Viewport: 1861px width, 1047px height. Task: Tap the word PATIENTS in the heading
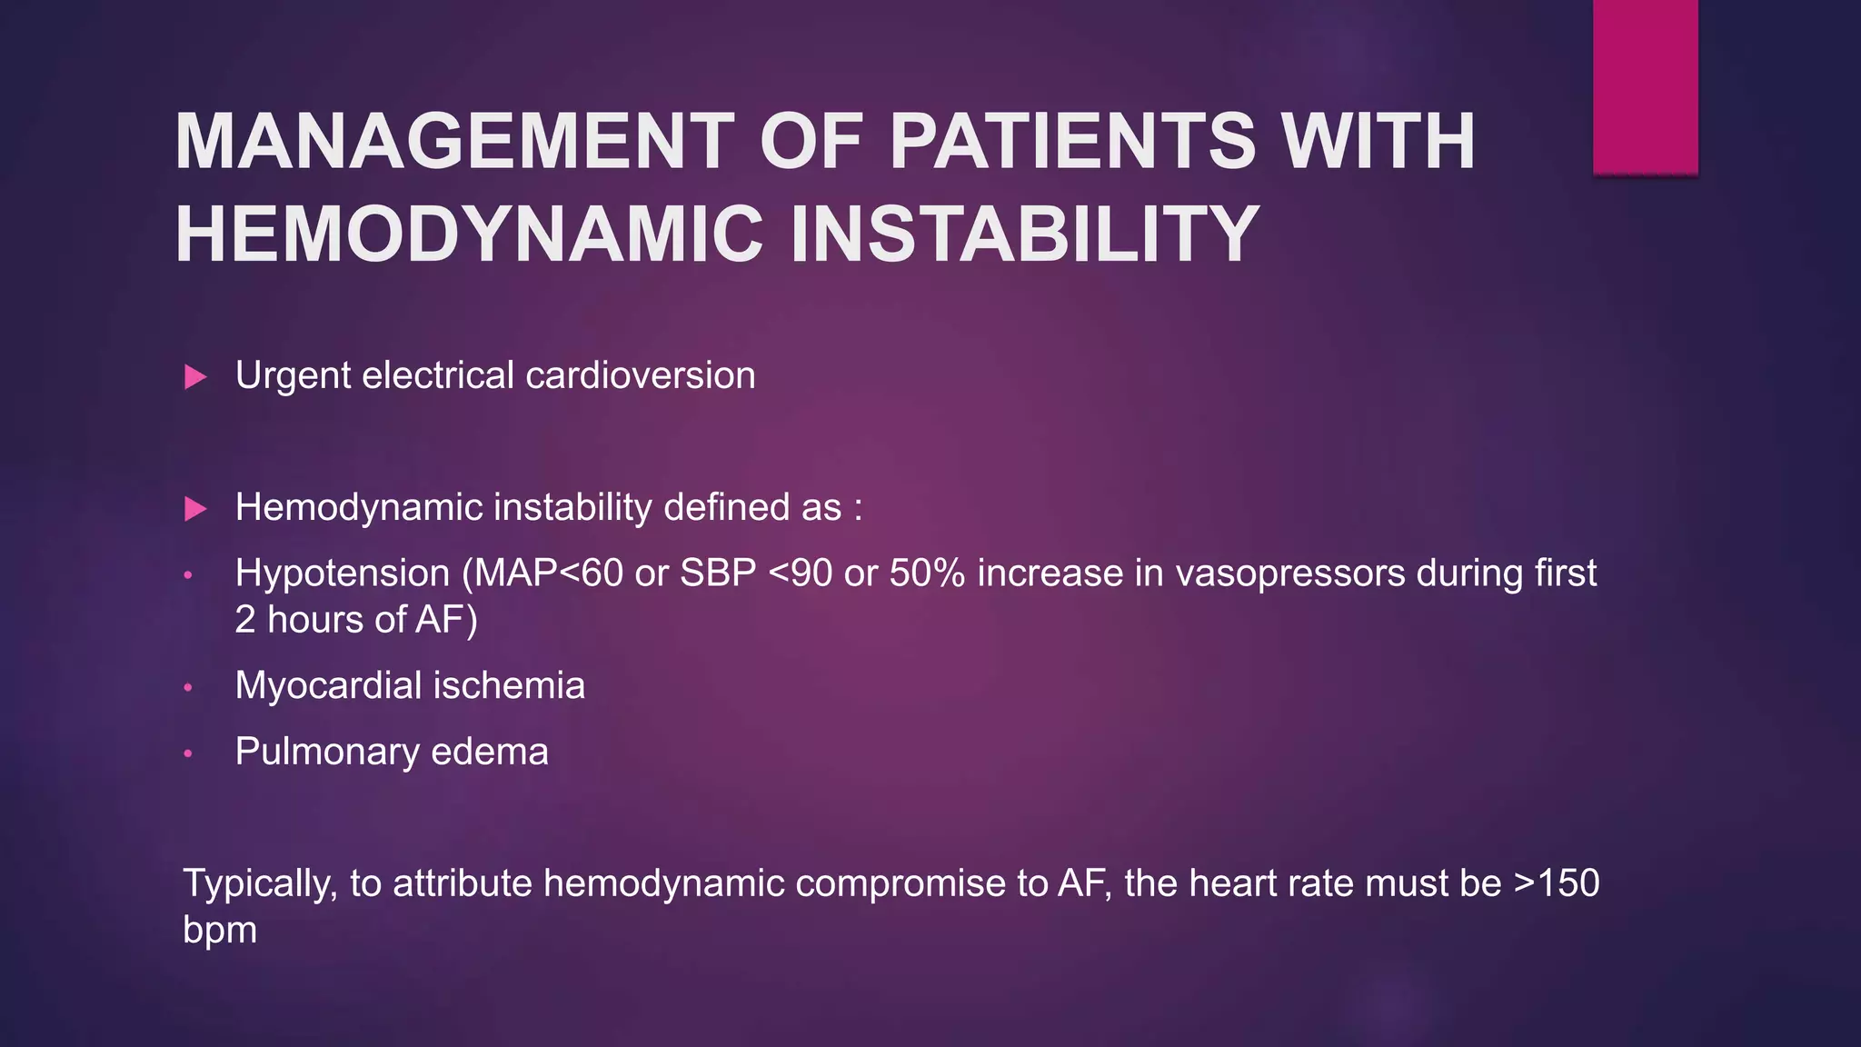coord(1072,142)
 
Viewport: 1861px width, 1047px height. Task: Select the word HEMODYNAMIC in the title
coord(469,234)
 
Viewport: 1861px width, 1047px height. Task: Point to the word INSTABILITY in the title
coord(1025,234)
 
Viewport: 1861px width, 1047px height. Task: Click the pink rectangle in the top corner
coord(1645,86)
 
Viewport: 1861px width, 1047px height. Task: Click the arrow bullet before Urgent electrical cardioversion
coord(195,376)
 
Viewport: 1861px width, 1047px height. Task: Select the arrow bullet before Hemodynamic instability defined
coord(195,508)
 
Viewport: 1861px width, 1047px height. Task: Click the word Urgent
coord(293,376)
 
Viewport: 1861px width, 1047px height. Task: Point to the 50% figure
coord(927,573)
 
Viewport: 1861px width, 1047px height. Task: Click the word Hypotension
coord(343,574)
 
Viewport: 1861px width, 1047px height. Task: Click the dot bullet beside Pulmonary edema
coord(188,753)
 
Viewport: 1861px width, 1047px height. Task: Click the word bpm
coord(220,931)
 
